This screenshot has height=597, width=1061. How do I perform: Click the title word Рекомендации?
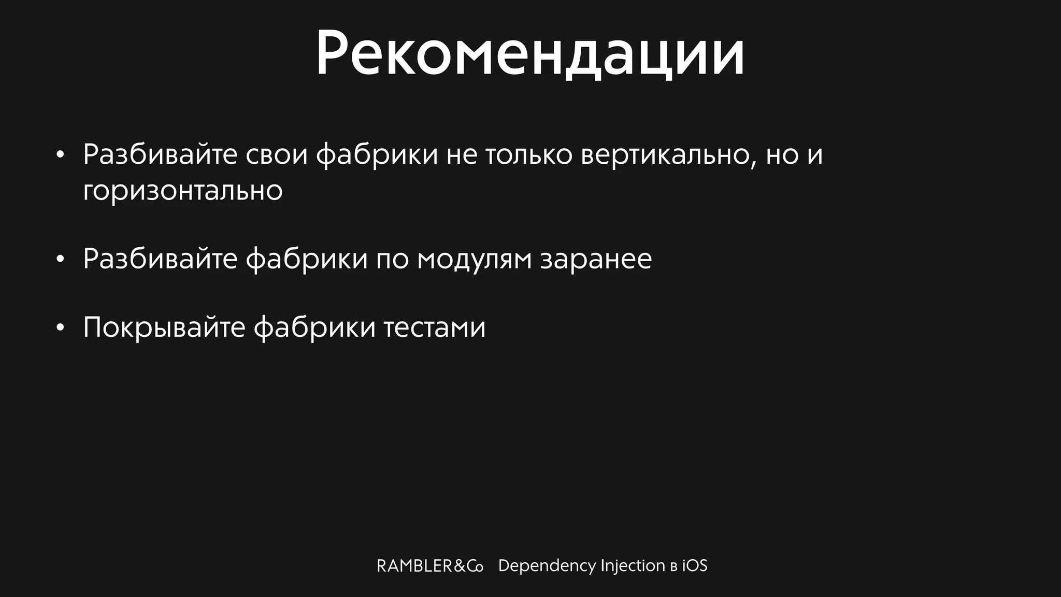pos(529,54)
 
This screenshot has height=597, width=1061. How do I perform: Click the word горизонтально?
pos(182,190)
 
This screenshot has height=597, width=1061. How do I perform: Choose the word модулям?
pos(474,259)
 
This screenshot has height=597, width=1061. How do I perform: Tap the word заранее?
pos(596,259)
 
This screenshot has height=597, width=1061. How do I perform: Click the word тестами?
pos(434,328)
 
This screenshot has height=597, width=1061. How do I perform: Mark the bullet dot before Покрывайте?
pos(60,328)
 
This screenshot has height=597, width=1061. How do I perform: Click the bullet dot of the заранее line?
pos(60,259)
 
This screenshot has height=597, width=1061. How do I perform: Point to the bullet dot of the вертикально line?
pos(60,154)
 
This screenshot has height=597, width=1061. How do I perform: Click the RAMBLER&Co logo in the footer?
pos(429,566)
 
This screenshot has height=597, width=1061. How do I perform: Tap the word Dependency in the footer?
pos(547,566)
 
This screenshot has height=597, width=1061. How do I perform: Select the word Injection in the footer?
pos(633,566)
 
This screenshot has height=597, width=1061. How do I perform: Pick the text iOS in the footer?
pos(694,566)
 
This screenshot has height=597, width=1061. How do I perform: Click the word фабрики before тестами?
pos(314,328)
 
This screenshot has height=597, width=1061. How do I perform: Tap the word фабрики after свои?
pos(377,154)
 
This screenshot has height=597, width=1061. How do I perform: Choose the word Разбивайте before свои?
pos(160,154)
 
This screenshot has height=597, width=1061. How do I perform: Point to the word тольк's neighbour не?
pos(462,154)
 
